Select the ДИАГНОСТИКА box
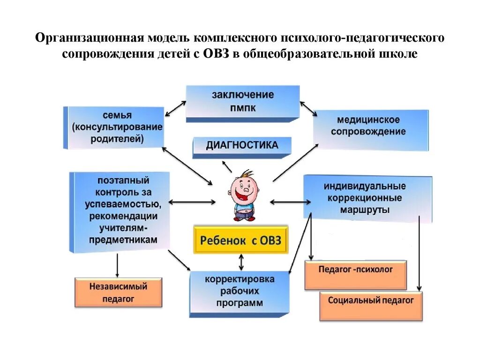coord(242,146)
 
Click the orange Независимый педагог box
coord(118,292)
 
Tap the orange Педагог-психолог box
coord(355,275)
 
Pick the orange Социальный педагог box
coord(371,305)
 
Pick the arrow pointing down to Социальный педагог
coord(419,253)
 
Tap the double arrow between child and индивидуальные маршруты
coord(290,202)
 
